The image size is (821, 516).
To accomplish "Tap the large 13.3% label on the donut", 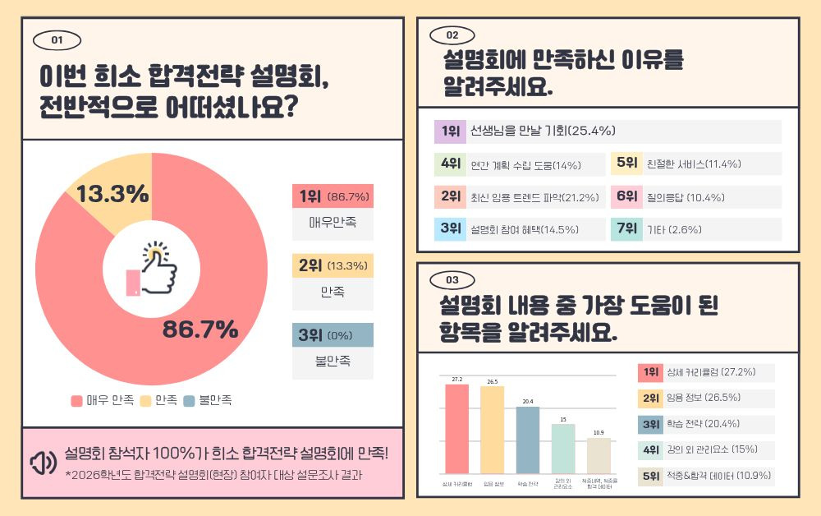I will [x=112, y=194].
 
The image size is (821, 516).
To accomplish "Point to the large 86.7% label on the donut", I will [x=200, y=329].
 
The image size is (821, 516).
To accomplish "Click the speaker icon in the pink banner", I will [x=43, y=463].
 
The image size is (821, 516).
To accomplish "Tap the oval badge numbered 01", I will [x=57, y=39].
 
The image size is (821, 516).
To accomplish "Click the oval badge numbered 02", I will [x=452, y=35].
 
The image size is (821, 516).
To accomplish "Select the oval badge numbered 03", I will [x=452, y=279].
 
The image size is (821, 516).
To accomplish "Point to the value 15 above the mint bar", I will [x=563, y=420].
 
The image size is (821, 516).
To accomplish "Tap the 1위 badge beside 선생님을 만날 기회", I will [x=450, y=131].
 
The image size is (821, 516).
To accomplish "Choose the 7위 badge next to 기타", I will [x=626, y=229].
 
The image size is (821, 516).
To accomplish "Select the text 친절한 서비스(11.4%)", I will [x=694, y=164].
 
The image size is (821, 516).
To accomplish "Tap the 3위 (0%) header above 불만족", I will [x=333, y=336].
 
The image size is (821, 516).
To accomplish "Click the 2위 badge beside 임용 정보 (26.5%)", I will [x=651, y=399].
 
